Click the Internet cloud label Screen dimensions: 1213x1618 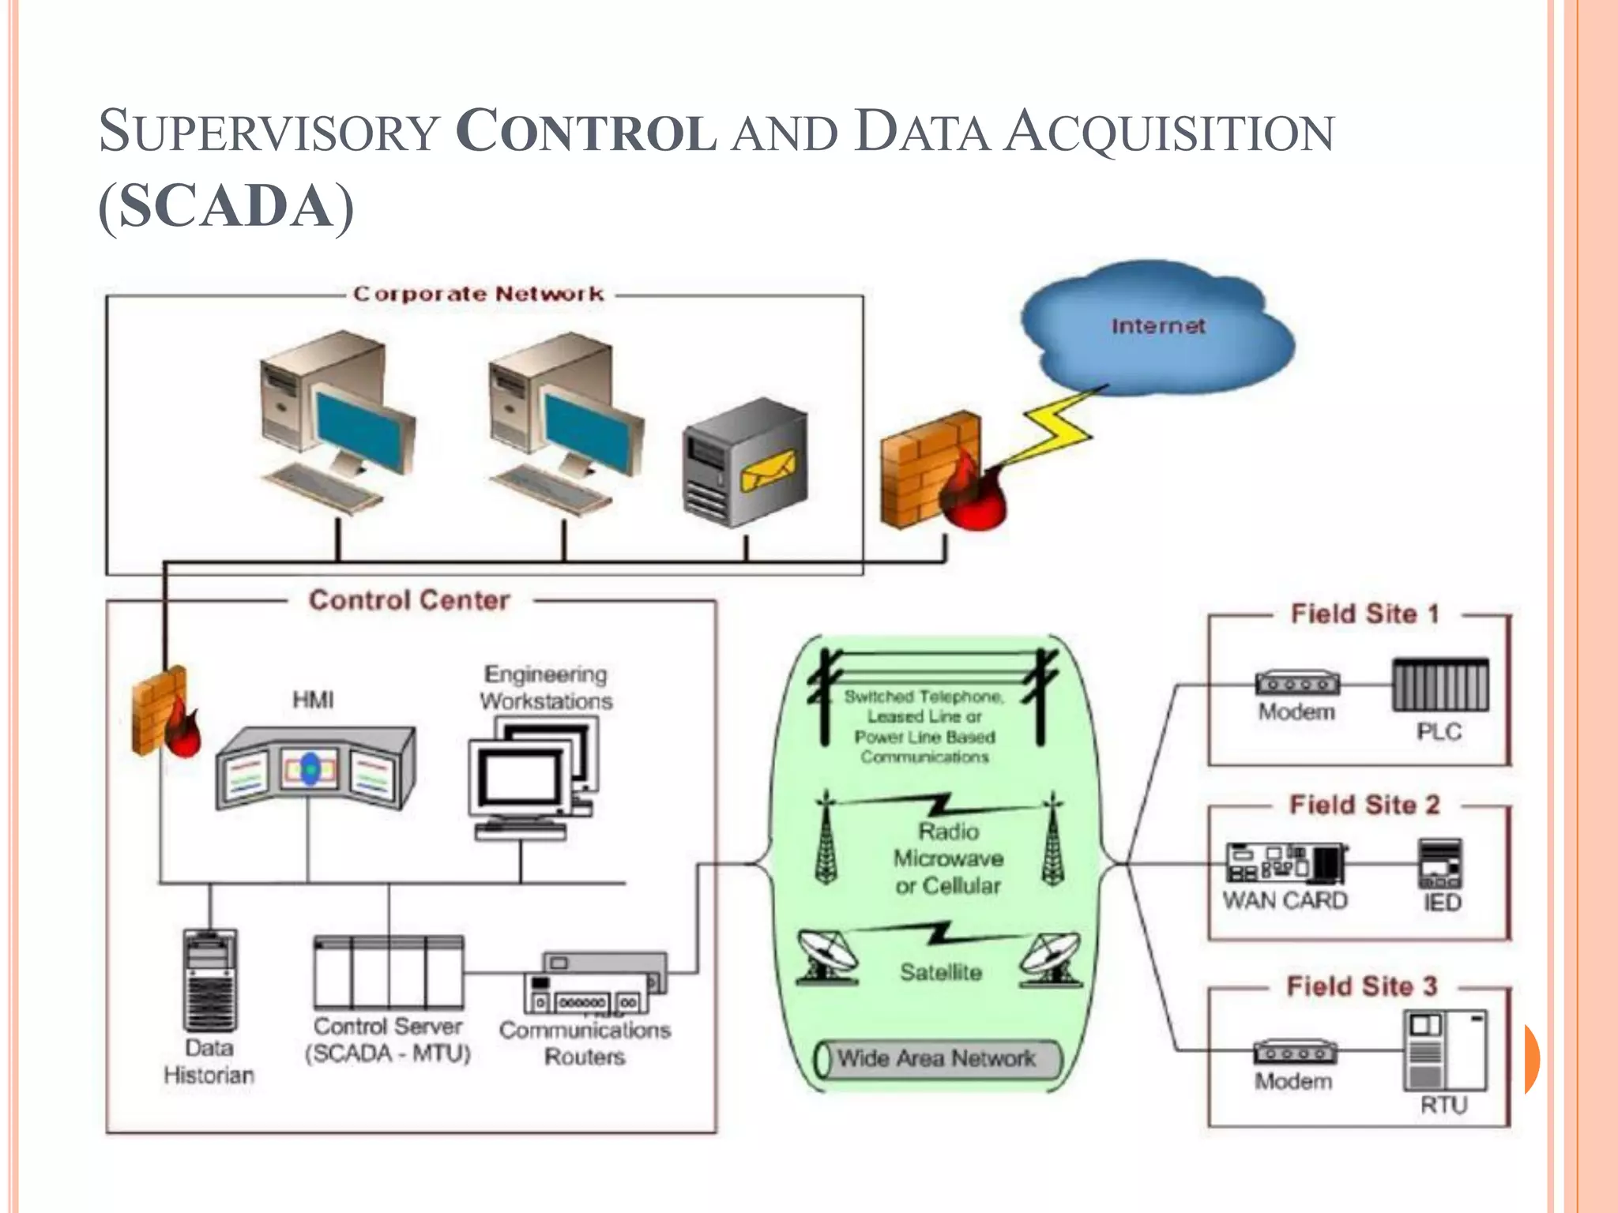1157,326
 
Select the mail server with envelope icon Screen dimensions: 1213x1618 744,463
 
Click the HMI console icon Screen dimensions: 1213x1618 314,768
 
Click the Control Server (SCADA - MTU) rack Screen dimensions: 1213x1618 389,973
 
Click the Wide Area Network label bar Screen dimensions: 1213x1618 937,1059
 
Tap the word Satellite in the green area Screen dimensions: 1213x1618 940,972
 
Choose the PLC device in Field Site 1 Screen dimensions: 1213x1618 1439,685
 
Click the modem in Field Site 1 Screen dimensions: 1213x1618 1297,683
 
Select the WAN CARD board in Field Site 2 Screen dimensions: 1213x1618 1285,863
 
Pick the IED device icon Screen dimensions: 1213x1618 1439,864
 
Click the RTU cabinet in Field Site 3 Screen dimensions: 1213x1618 1444,1050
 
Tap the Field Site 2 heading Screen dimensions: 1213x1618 1364,805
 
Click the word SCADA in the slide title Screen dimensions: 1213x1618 227,206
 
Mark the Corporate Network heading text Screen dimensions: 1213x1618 478,295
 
